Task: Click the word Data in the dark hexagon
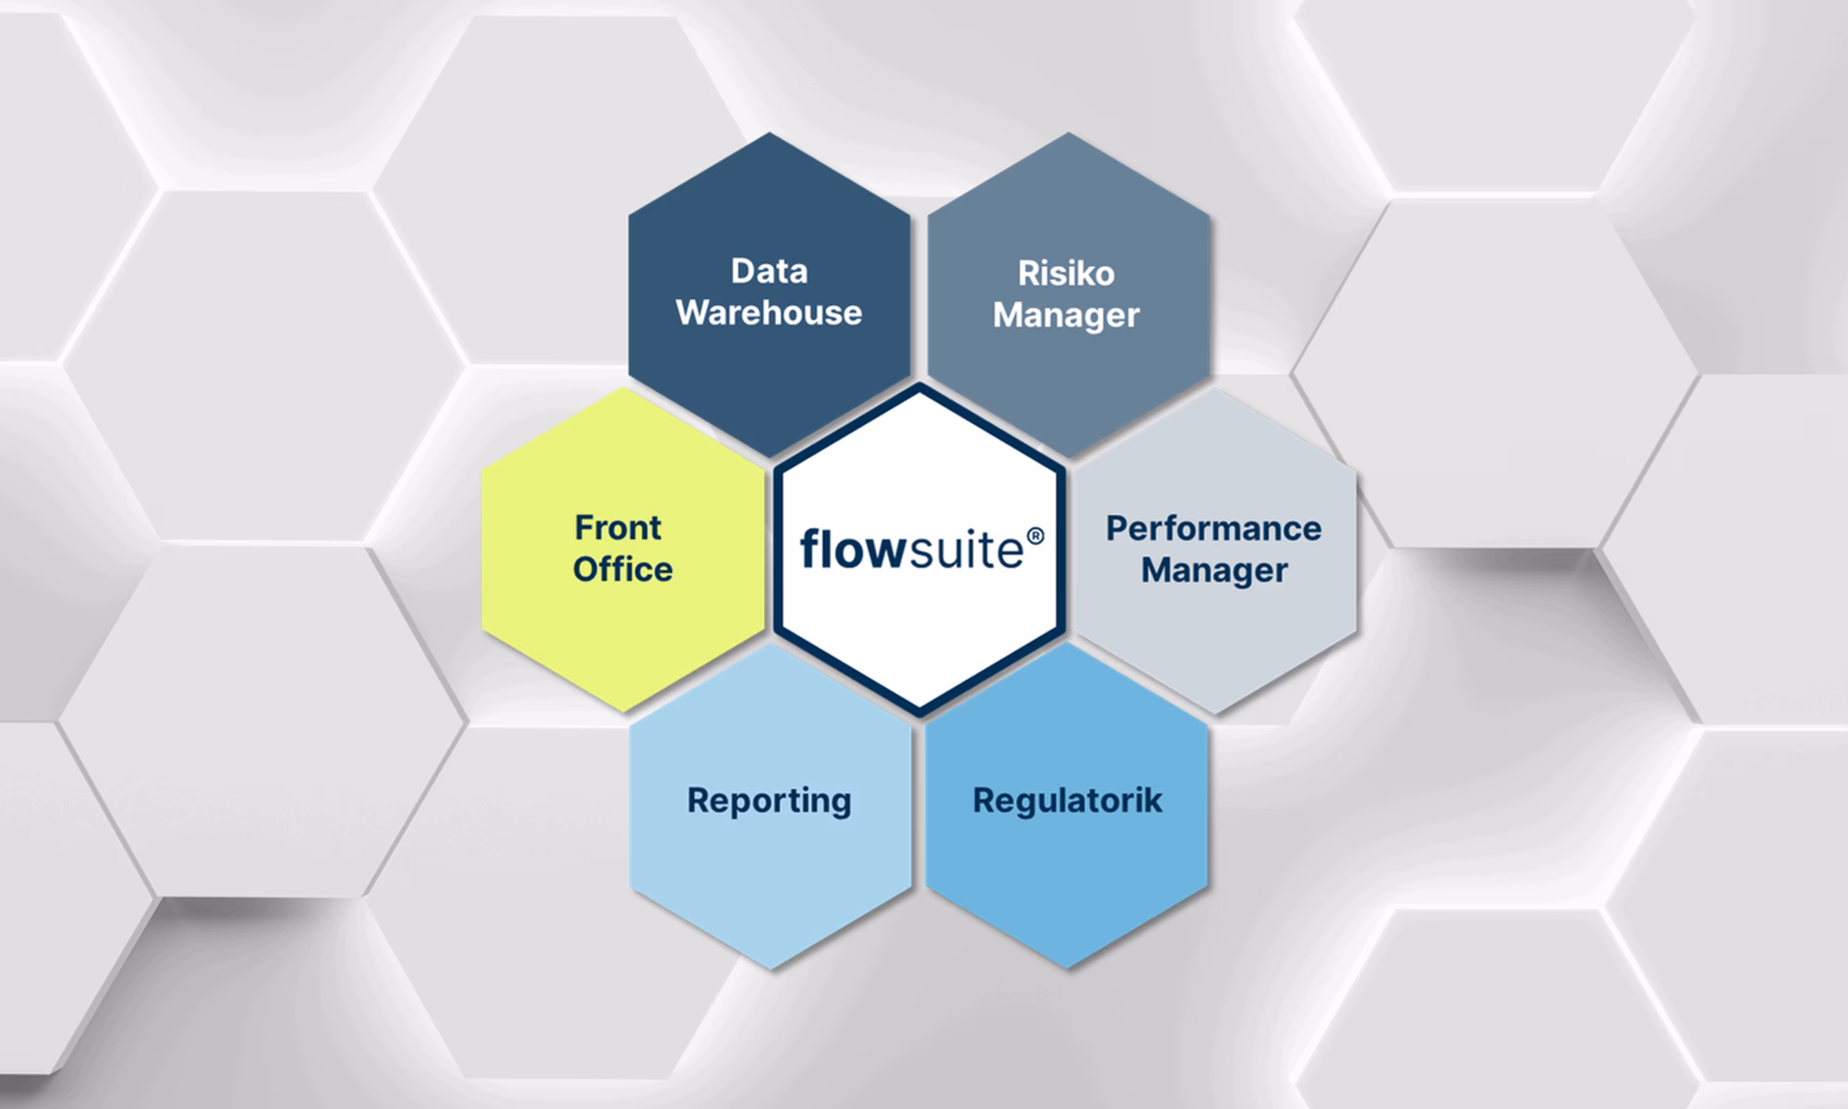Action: click(x=769, y=271)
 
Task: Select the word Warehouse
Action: click(x=769, y=312)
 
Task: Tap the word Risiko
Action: click(x=1066, y=274)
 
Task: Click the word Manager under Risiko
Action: click(x=1066, y=315)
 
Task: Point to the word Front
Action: click(x=618, y=528)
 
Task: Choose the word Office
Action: click(x=623, y=569)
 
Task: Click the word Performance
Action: click(x=1213, y=529)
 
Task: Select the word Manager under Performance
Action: click(x=1213, y=570)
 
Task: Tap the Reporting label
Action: click(x=769, y=800)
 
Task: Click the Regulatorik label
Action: click(x=1067, y=800)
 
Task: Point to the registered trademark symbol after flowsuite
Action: click(x=1035, y=537)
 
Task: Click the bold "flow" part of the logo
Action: click(x=850, y=549)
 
